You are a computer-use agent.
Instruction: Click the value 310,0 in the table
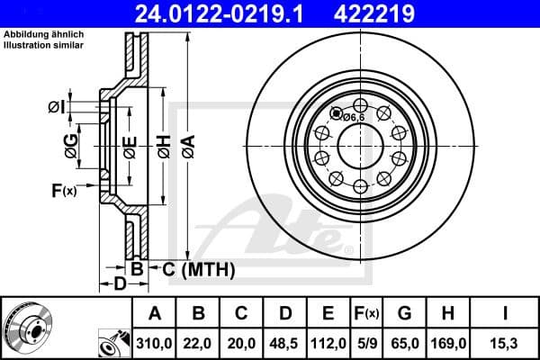tap(154, 343)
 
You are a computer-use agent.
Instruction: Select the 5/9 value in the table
tap(368, 343)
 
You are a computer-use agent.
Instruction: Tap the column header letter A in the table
tap(154, 313)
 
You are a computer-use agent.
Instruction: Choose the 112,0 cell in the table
tap(328, 343)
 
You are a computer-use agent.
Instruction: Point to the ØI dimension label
tap(56, 108)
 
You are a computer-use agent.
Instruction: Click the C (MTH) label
tap(193, 269)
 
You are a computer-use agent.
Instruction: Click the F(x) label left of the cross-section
tap(64, 190)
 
